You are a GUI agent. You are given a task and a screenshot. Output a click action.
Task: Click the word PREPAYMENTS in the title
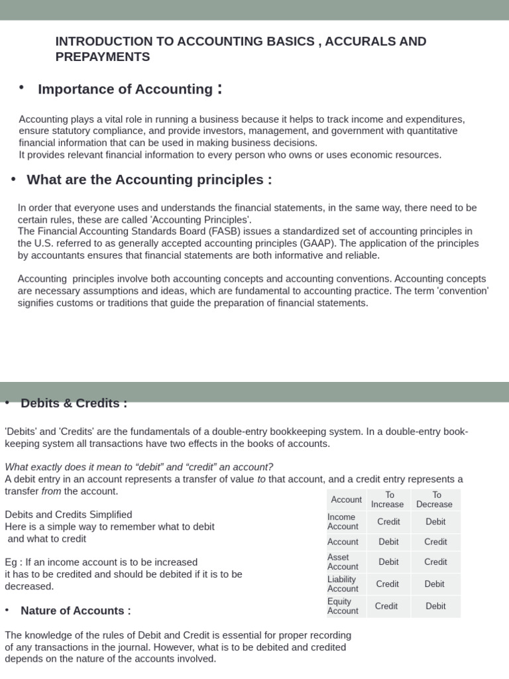click(103, 57)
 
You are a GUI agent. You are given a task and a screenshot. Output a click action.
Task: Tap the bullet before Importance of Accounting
click(22, 88)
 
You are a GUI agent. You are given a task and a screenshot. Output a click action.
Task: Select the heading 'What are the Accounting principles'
click(149, 180)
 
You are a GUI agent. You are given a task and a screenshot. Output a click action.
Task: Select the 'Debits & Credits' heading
click(74, 403)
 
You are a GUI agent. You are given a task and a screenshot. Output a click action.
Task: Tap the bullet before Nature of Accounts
click(7, 610)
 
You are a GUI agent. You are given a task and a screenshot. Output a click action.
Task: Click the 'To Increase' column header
click(388, 499)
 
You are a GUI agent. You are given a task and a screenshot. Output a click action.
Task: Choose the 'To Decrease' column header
click(435, 499)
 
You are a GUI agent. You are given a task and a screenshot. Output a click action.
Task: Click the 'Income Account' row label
click(342, 522)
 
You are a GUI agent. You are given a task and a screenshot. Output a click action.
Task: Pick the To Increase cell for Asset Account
click(388, 562)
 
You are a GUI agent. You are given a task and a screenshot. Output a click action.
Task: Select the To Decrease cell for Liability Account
click(435, 584)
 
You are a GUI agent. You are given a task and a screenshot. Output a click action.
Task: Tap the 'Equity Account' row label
click(343, 606)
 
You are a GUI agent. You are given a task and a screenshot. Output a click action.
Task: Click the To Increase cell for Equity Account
click(386, 606)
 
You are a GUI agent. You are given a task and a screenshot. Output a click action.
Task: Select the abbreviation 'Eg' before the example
click(11, 562)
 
